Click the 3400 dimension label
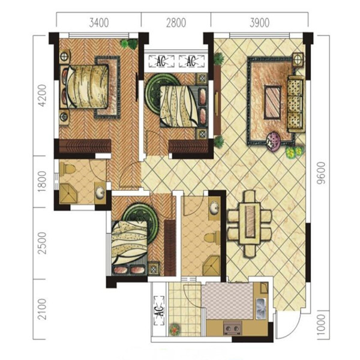pyautogui.click(x=99, y=23)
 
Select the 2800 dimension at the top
pyautogui.click(x=176, y=23)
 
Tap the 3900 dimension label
pyautogui.click(x=259, y=23)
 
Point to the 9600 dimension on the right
pyautogui.click(x=321, y=173)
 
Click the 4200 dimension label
pyautogui.click(x=42, y=96)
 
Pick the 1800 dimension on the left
pyautogui.click(x=42, y=182)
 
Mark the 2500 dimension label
pyautogui.click(x=42, y=243)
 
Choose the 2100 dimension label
pyautogui.click(x=42, y=309)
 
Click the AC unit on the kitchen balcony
pyautogui.click(x=160, y=311)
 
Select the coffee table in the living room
pyautogui.click(x=273, y=102)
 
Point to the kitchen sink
pyautogui.click(x=261, y=308)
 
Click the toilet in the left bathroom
pyautogui.click(x=68, y=169)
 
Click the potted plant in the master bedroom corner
pyautogui.click(x=129, y=44)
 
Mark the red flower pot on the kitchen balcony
pyautogui.click(x=175, y=329)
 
